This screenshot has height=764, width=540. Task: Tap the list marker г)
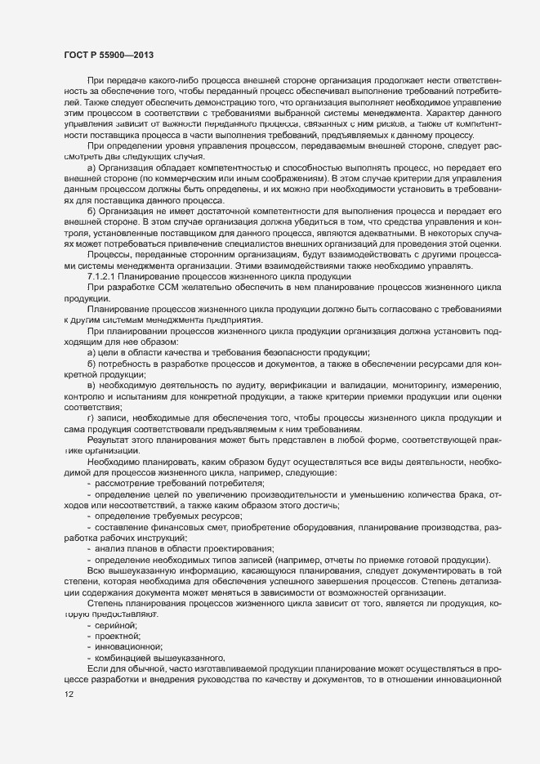(x=91, y=418)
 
